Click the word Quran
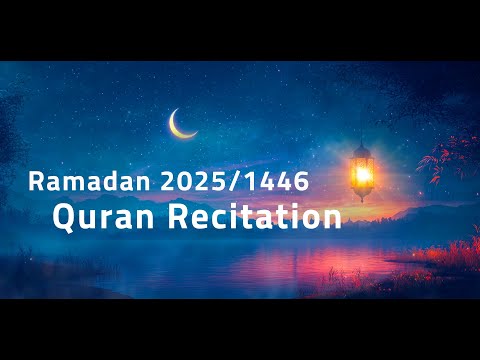pos(92,217)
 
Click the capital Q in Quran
pos(63,217)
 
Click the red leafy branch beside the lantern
pos(440,160)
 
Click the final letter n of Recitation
pos(332,218)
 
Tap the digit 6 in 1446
pos(287,182)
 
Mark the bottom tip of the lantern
pos(361,199)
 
